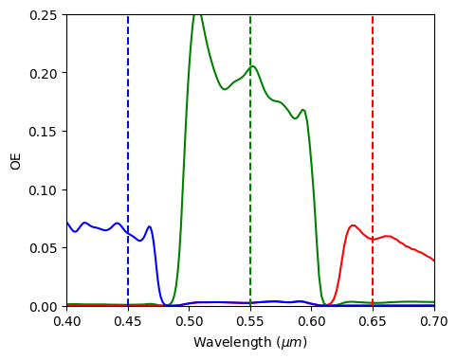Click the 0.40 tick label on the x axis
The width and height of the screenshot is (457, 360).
click(66, 323)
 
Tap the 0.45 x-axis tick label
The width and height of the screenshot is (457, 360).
click(128, 323)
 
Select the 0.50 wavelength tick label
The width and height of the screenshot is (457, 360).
click(189, 323)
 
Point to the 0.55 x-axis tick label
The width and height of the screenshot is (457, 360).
click(250, 323)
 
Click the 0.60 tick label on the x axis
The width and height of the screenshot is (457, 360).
click(312, 323)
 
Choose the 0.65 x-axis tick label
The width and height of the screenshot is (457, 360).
click(373, 323)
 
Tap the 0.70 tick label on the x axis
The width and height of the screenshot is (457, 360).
click(434, 323)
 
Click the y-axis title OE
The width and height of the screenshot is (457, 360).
click(15, 160)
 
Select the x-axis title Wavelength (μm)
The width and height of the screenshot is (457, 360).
click(250, 342)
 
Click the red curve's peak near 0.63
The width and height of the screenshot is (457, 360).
click(353, 225)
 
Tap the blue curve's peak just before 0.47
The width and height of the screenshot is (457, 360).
click(149, 226)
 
